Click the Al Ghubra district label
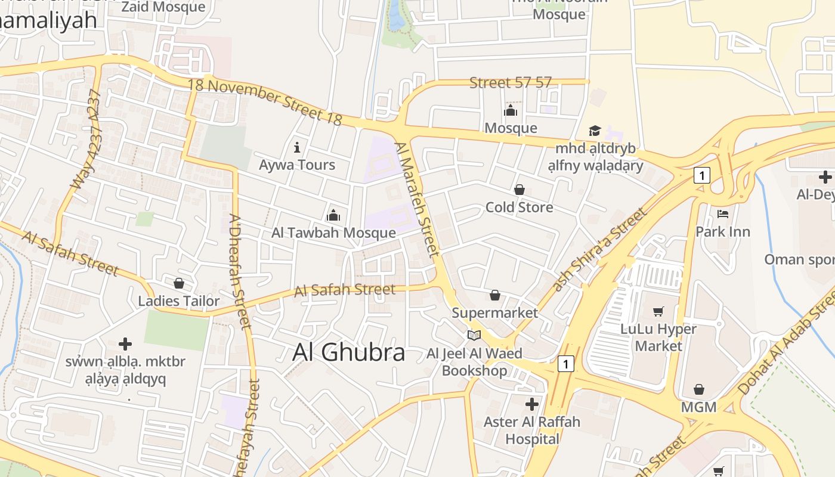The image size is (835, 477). pyautogui.click(x=349, y=352)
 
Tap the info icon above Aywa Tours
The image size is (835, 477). pyautogui.click(x=297, y=147)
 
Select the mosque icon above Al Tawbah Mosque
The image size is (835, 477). pyautogui.click(x=333, y=215)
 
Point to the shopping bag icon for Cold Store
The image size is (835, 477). pyautogui.click(x=519, y=190)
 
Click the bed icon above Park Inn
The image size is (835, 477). pyautogui.click(x=723, y=213)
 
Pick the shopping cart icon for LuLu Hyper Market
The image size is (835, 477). pyautogui.click(x=658, y=311)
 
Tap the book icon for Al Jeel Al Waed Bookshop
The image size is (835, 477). pyautogui.click(x=474, y=336)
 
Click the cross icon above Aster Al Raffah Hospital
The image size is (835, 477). pyautogui.click(x=531, y=404)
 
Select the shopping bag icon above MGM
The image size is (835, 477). pyautogui.click(x=699, y=389)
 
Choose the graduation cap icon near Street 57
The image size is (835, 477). pyautogui.click(x=595, y=131)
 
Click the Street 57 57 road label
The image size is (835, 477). pyautogui.click(x=511, y=83)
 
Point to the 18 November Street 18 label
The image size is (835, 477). pyautogui.click(x=265, y=101)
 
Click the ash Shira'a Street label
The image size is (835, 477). pyautogui.click(x=599, y=250)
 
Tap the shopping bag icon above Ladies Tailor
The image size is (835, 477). pyautogui.click(x=179, y=283)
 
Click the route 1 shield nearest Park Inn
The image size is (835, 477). pyautogui.click(x=703, y=175)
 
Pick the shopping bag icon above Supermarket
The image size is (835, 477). pyautogui.click(x=494, y=295)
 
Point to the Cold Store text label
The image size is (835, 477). pyautogui.click(x=519, y=207)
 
